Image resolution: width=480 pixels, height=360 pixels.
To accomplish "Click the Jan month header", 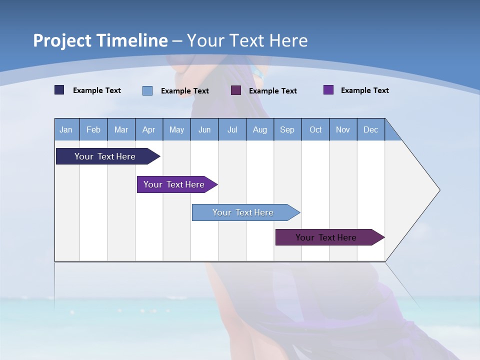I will [66, 129].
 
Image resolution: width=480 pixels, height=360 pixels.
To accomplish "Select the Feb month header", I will [93, 129].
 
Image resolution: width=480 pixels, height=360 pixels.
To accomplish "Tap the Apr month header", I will [149, 129].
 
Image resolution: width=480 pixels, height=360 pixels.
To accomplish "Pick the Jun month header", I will [204, 129].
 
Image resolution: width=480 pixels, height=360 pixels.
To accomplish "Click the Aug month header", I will [260, 129].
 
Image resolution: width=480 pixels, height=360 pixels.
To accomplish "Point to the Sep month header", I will [287, 129].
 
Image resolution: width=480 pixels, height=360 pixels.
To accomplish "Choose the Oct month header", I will [315, 129].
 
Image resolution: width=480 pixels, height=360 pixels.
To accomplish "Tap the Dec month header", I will [371, 129].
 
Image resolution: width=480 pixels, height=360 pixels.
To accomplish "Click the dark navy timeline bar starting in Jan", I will [105, 156].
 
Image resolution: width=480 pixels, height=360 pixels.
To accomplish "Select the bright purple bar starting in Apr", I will [174, 184].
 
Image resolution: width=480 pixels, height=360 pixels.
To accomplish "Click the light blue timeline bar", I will [243, 212].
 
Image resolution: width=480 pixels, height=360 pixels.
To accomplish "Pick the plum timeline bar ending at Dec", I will [326, 237].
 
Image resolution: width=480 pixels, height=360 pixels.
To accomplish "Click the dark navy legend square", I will [59, 90].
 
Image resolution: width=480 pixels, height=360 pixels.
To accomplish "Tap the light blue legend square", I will [147, 90].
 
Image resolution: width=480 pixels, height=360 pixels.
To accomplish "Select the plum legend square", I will [236, 90].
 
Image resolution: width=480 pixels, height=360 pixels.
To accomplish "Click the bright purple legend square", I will [328, 90].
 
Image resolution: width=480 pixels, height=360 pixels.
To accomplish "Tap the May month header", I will [176, 129].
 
